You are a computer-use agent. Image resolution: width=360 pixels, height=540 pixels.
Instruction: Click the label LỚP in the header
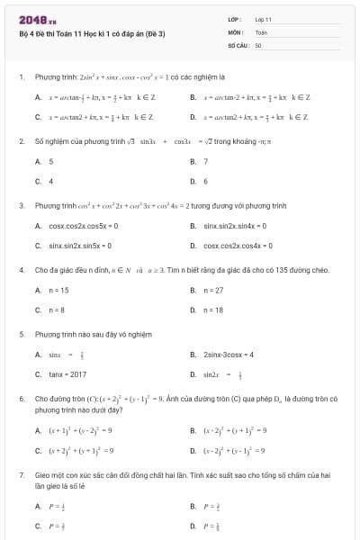click(x=233, y=19)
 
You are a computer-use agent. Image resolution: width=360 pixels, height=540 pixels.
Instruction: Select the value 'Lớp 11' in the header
click(x=263, y=19)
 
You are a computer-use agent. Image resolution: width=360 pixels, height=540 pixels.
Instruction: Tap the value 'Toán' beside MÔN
click(x=261, y=31)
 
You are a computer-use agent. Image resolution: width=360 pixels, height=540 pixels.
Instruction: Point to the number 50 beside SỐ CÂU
click(x=258, y=44)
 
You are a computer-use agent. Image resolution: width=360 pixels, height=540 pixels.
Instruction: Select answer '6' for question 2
click(x=206, y=181)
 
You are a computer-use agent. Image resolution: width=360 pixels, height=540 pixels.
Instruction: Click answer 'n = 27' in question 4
click(x=213, y=290)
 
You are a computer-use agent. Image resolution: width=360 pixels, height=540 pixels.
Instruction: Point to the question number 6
click(x=21, y=398)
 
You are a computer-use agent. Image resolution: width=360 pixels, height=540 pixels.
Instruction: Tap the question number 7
click(x=21, y=473)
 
